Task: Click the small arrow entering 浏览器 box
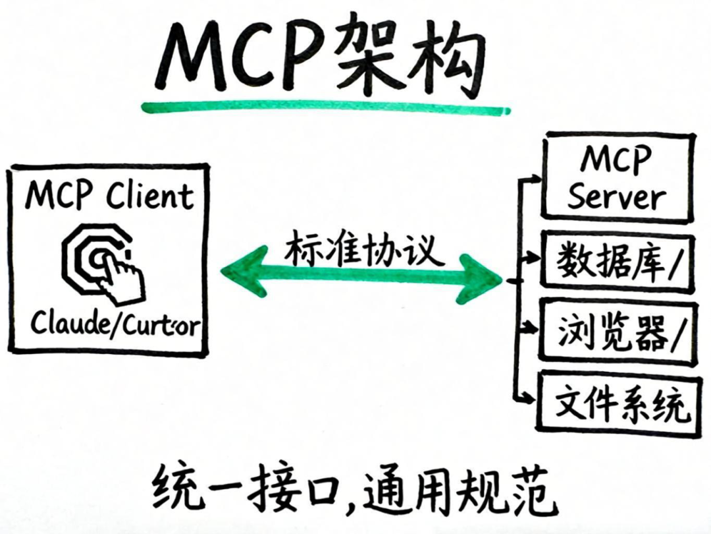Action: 526,327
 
